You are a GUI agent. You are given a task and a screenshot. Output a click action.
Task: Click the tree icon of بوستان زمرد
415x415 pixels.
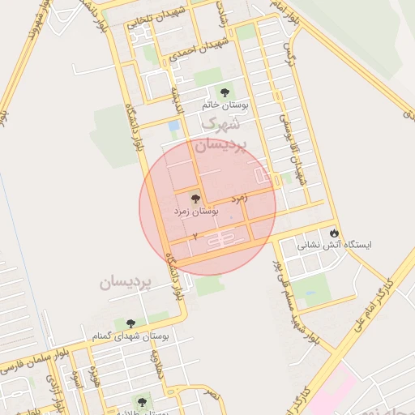pos(195,198)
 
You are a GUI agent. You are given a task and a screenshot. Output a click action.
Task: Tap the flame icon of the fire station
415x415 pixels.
pos(333,233)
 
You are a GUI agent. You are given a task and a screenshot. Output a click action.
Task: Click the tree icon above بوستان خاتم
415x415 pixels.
pos(225,91)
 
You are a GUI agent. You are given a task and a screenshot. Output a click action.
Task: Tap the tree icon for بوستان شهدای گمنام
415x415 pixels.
pos(128,323)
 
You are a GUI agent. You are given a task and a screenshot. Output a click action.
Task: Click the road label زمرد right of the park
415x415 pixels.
pos(239,197)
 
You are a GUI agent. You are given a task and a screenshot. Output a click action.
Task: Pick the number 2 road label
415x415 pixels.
pos(195,236)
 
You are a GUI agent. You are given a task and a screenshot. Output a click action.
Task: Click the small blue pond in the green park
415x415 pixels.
pos(174,126)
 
